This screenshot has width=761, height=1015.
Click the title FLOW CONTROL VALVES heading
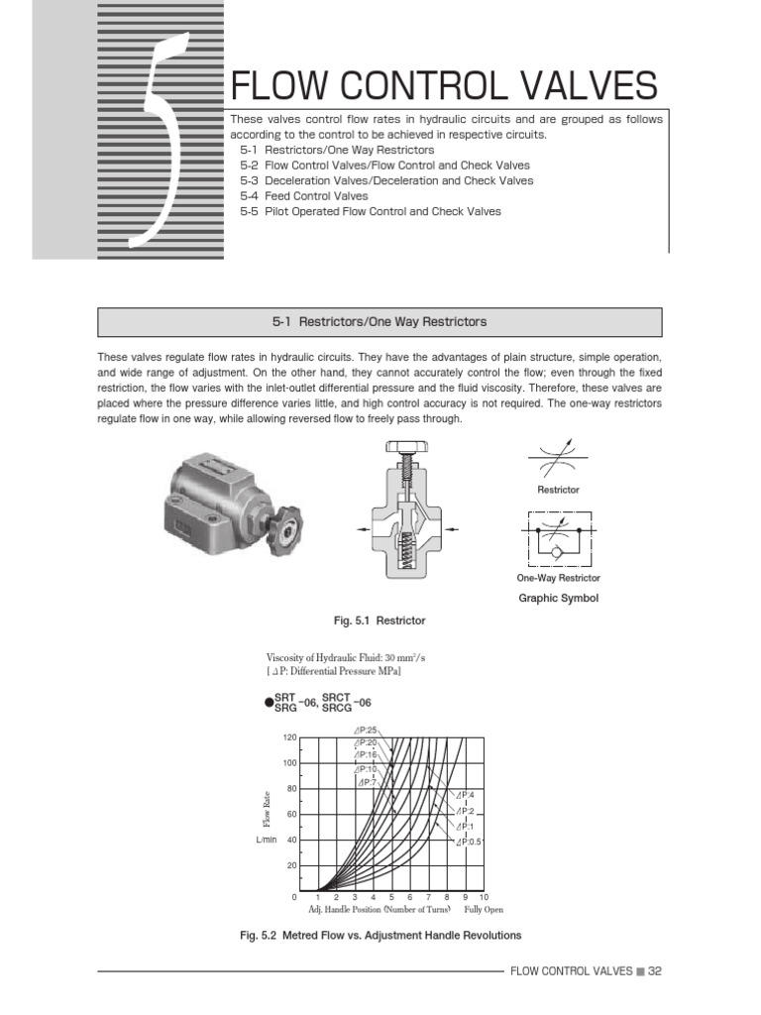click(443, 86)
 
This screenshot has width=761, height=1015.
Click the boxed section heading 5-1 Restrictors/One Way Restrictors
click(380, 322)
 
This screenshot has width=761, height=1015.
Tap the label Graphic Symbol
click(560, 599)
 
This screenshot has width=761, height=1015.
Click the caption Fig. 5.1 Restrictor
click(380, 620)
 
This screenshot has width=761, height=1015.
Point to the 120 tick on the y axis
click(289, 738)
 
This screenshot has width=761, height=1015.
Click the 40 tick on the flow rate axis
click(291, 841)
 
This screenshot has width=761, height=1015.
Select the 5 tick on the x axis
click(391, 897)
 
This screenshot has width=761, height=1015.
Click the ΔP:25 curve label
click(366, 731)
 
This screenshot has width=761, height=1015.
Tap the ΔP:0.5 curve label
click(469, 841)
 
